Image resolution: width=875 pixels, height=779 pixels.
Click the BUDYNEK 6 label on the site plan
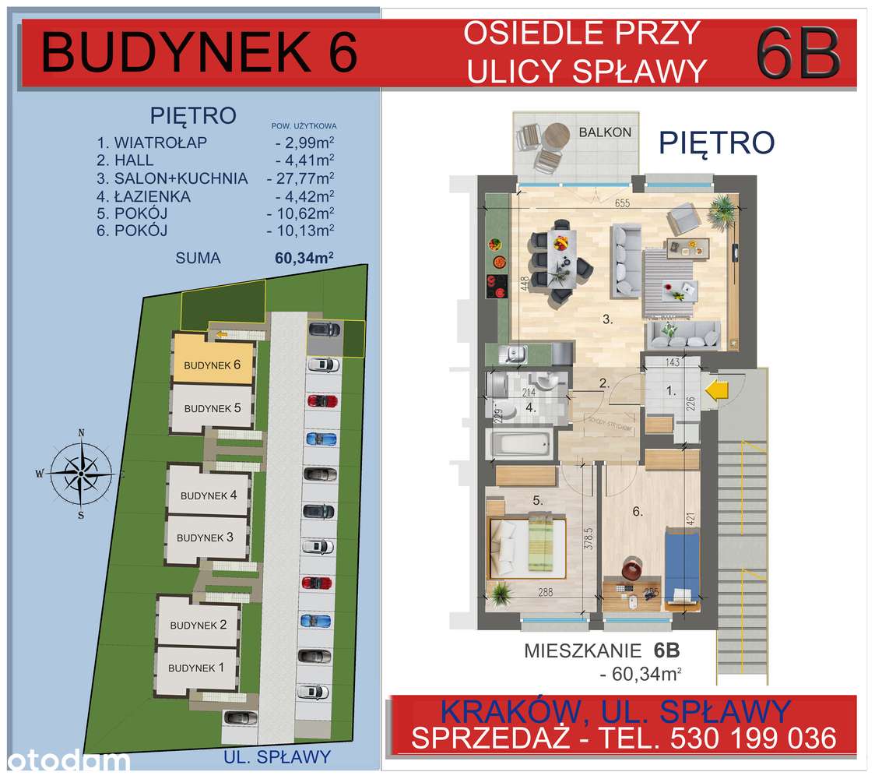click(x=213, y=365)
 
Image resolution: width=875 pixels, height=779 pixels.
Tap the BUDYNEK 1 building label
click(x=197, y=668)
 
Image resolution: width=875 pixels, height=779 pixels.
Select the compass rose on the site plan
click(x=81, y=472)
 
